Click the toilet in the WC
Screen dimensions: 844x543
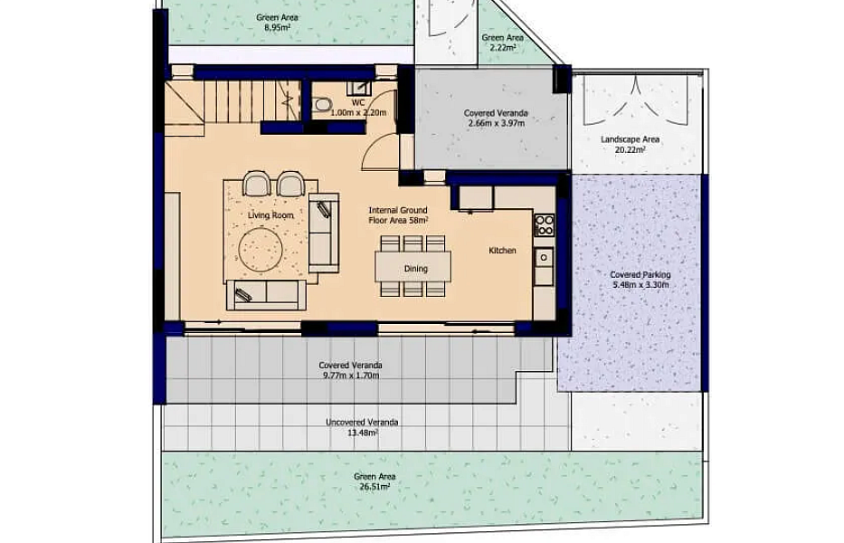point(323,104)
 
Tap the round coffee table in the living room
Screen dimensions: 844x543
point(261,250)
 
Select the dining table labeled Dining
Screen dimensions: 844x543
point(413,267)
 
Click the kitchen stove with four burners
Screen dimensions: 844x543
point(544,225)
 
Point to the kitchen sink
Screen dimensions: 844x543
point(544,258)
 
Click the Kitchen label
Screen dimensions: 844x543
point(502,251)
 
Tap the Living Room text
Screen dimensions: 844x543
point(270,215)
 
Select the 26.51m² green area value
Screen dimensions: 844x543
point(375,487)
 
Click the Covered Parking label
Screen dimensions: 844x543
point(640,275)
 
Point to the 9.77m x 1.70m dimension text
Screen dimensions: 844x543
point(351,375)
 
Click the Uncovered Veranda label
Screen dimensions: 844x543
point(362,423)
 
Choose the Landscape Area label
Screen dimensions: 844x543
point(630,139)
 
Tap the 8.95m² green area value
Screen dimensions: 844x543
point(277,27)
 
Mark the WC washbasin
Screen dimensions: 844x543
point(357,88)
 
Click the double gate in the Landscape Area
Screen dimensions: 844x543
point(636,100)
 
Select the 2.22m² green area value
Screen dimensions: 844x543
point(503,47)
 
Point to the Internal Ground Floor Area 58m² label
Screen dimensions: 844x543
point(398,215)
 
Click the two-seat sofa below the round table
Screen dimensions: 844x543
point(267,295)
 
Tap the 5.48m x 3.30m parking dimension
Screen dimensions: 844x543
point(640,284)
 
